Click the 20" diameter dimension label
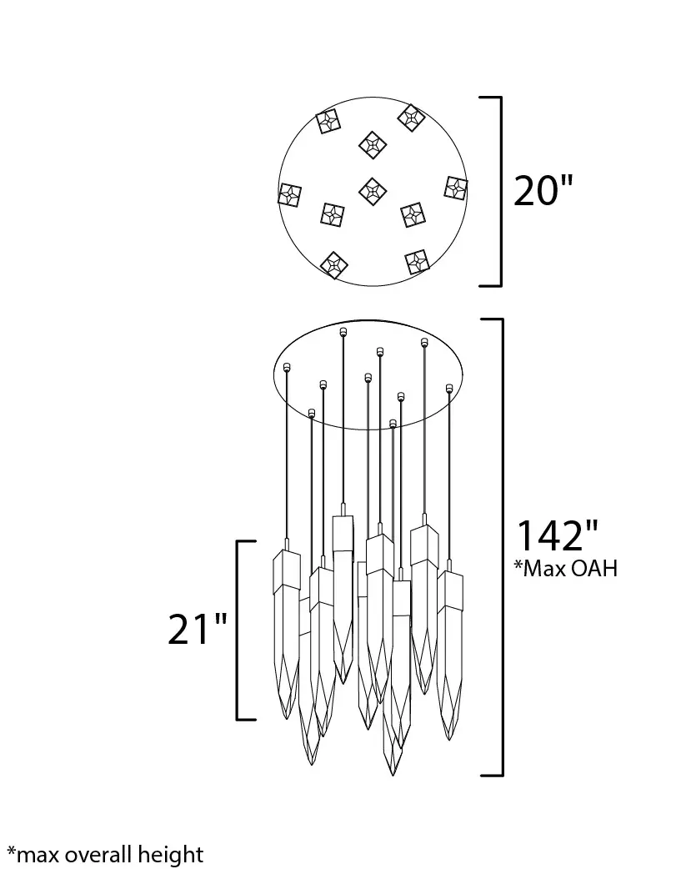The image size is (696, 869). click(543, 191)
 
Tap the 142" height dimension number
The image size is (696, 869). click(557, 535)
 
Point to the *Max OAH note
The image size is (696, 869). click(565, 568)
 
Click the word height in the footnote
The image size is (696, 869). click(171, 855)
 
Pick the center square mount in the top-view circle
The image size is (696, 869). click(373, 191)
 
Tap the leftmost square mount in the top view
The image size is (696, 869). click(289, 195)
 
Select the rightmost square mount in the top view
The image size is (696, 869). click(456, 188)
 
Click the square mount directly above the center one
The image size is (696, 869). click(372, 145)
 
